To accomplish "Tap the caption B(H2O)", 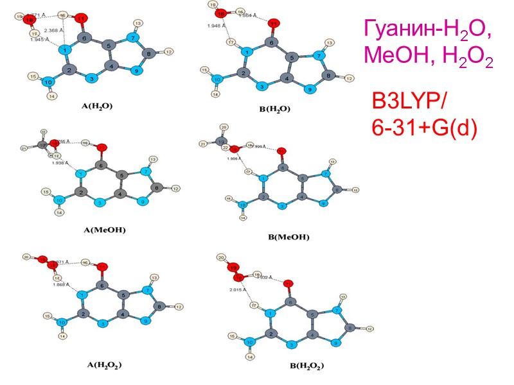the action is tap(274, 108).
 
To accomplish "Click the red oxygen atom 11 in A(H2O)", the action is tap(81, 19).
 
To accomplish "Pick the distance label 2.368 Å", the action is tap(54, 30).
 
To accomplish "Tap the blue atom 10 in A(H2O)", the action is tap(48, 81).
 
